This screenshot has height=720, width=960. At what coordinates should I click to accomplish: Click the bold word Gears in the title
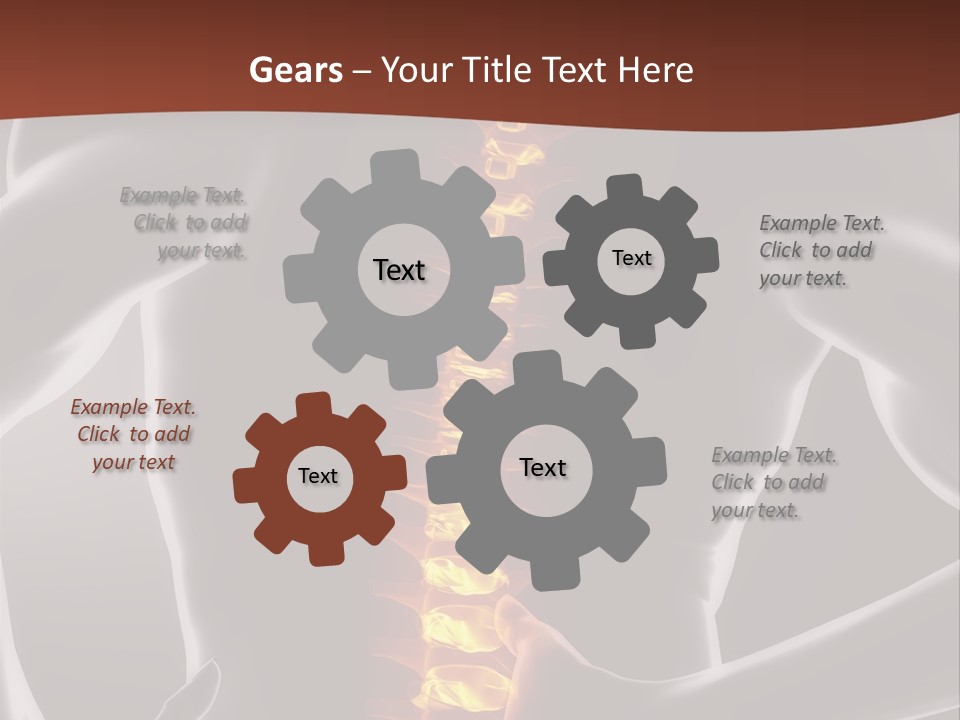(295, 70)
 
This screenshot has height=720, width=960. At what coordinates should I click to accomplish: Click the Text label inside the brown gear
(318, 476)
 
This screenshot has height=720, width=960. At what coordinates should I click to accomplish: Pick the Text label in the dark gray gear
(631, 258)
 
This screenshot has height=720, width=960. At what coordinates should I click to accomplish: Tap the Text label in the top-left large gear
(399, 270)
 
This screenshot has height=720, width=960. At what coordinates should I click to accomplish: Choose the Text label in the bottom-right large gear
(543, 467)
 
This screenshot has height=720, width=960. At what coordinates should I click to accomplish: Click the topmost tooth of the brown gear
(313, 404)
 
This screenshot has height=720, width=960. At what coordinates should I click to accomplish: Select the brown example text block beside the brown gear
(133, 435)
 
